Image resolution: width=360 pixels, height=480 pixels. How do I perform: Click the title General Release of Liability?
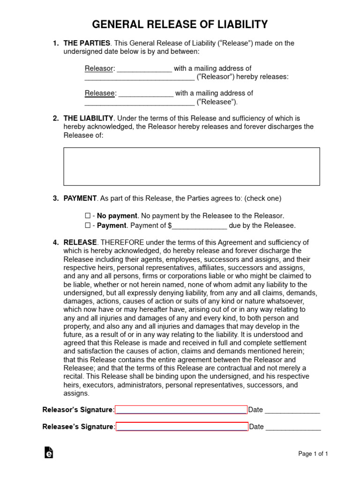(x=180, y=24)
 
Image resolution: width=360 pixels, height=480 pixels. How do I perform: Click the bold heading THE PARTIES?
(x=87, y=43)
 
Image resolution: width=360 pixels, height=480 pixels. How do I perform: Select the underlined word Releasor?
(x=99, y=68)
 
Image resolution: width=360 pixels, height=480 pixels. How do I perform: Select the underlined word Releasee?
(x=100, y=93)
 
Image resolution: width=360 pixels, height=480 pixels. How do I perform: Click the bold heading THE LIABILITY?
(x=88, y=118)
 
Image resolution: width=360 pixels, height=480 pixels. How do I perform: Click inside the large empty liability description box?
(x=191, y=166)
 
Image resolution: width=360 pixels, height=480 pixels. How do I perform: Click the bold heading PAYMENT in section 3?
(x=80, y=198)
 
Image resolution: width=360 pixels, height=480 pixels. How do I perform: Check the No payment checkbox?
(x=87, y=216)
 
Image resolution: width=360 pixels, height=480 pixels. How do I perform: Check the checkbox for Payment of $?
(x=87, y=225)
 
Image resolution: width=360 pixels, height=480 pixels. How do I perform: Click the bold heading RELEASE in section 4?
(x=80, y=242)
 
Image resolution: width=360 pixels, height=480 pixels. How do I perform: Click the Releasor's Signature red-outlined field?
(x=181, y=410)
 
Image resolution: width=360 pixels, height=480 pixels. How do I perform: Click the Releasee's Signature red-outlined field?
(x=182, y=427)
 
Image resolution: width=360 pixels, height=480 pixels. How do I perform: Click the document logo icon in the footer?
(x=48, y=452)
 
